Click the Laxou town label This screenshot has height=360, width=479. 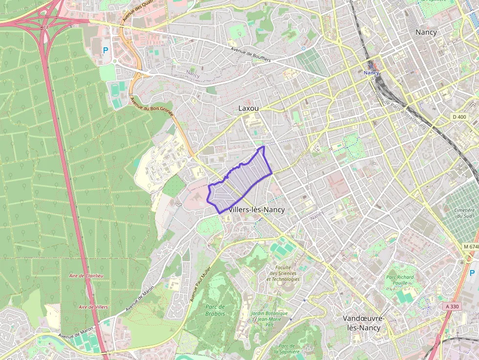tap(248, 108)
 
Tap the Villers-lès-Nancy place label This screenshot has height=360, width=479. tap(257, 210)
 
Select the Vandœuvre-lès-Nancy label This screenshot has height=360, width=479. tap(364, 323)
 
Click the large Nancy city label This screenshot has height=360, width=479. tap(426, 32)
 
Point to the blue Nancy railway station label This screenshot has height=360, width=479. tap(371, 73)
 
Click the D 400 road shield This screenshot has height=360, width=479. tap(459, 117)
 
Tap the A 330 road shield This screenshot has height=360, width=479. tap(453, 306)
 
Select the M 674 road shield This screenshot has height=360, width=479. tap(470, 247)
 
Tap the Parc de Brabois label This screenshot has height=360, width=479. tap(215, 310)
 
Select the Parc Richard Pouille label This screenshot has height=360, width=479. tap(400, 280)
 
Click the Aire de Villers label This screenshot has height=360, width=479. tap(93, 307)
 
